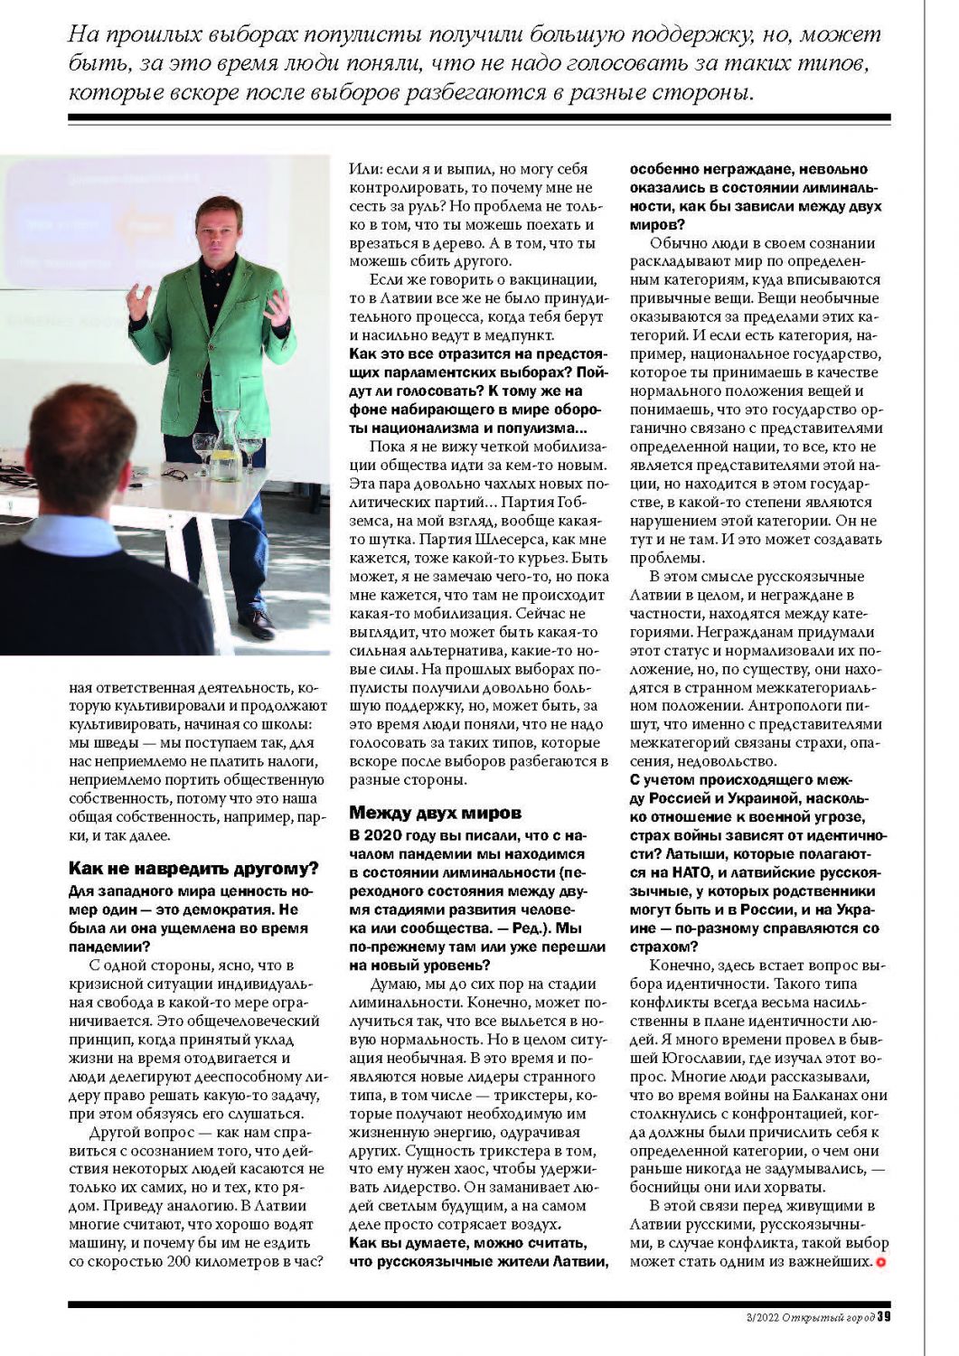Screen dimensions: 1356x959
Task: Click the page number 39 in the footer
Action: pos(884,1316)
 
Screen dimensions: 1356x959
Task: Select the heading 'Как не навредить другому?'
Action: pos(194,869)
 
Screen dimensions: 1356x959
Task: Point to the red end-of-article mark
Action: pos(880,1261)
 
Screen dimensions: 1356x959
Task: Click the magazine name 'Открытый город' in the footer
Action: pos(828,1317)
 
